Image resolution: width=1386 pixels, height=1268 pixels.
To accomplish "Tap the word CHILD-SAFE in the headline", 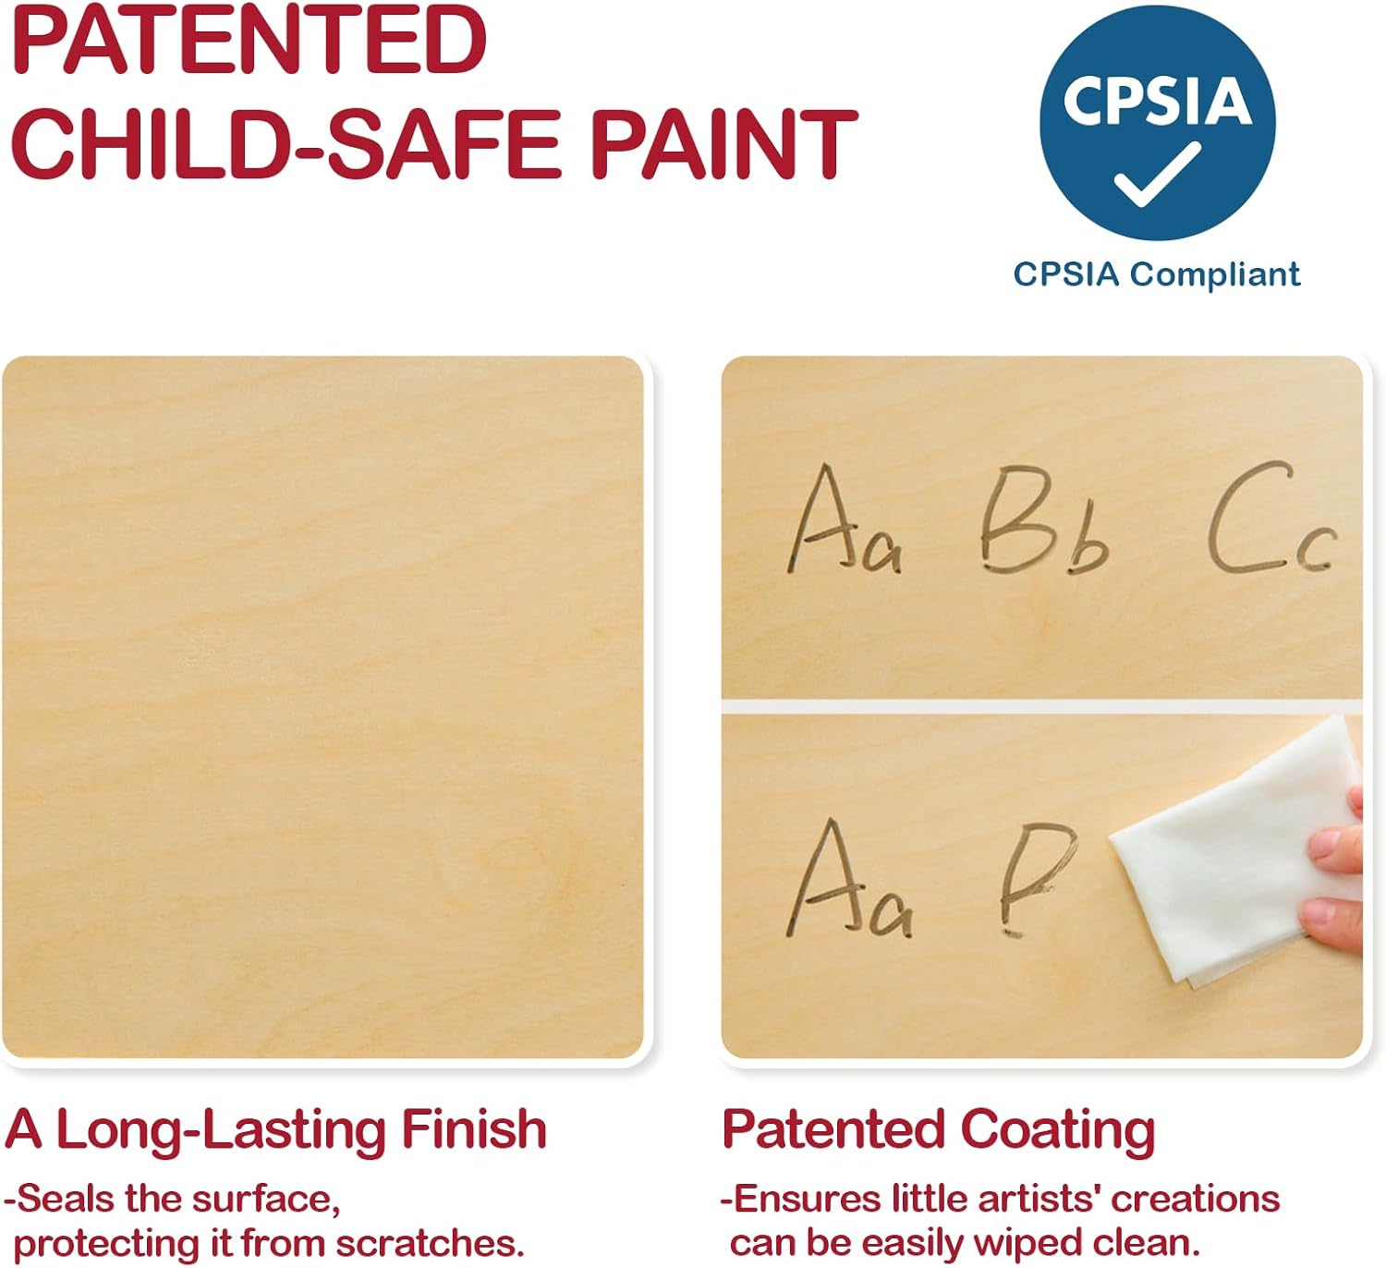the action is click(289, 144).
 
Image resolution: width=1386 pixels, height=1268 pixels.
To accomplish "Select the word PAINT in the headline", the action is click(724, 144).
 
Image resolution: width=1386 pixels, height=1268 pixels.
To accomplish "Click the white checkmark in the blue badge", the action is click(1157, 174).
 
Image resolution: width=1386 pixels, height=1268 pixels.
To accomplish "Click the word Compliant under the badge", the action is click(1215, 275).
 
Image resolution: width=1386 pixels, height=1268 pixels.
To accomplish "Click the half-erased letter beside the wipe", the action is click(1037, 877).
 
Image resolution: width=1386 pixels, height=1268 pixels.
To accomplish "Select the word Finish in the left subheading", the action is click(474, 1130).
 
